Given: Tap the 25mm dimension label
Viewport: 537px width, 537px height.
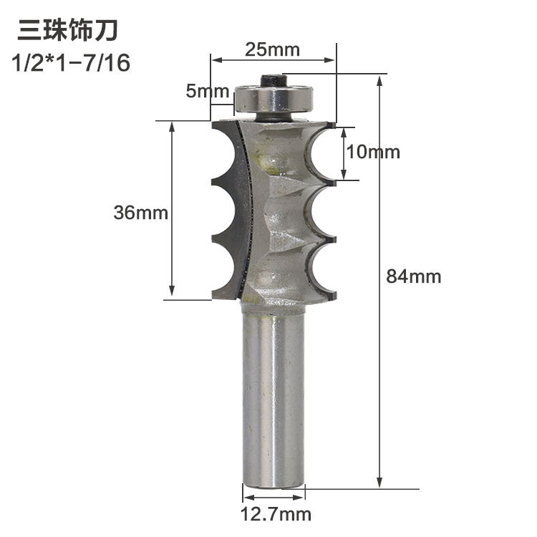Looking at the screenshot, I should pyautogui.click(x=272, y=49).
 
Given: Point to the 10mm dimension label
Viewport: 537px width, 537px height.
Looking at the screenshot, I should pyautogui.click(x=373, y=153).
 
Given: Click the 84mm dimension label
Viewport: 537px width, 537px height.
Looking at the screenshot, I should pyautogui.click(x=414, y=276).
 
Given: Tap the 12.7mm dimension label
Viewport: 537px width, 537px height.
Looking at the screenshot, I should pyautogui.click(x=276, y=513).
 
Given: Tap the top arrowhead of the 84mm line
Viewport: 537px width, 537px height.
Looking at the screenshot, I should pyautogui.click(x=379, y=79).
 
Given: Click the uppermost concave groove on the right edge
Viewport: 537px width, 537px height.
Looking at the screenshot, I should pyautogui.click(x=322, y=154).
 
